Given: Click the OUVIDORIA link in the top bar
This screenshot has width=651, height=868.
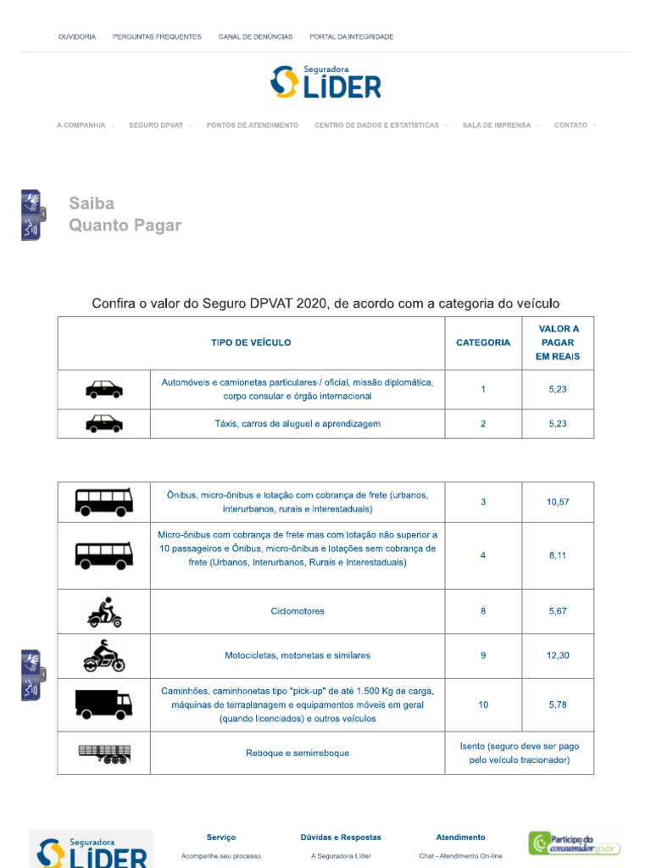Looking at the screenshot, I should point(76,36).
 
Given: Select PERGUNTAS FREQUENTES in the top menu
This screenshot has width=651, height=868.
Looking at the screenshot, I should point(157,36).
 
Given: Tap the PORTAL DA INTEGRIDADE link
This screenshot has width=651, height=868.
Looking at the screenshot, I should point(351,36).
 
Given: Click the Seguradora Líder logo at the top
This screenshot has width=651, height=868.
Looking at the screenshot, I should point(325,82).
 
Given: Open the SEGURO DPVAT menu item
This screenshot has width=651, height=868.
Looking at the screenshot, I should point(156,125).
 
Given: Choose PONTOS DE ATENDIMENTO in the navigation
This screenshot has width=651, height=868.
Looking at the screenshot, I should point(252,125).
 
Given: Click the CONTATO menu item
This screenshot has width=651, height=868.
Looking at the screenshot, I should point(570,125).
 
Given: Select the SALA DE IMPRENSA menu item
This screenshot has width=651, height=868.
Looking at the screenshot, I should point(497,125).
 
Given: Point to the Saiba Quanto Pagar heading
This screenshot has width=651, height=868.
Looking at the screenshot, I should point(125,214).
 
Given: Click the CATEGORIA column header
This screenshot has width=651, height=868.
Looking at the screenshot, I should point(483,342).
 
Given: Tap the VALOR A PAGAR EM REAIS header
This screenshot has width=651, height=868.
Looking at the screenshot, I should point(557,342).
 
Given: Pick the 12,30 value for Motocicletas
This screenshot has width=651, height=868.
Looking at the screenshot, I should point(557,655).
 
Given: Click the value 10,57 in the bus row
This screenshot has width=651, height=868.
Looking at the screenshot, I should point(557,502).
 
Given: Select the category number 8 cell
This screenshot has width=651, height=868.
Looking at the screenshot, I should point(483,611).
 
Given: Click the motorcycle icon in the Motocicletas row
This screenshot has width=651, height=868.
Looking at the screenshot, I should point(103,656).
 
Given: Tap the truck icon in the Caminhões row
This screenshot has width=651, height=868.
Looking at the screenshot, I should point(103,704).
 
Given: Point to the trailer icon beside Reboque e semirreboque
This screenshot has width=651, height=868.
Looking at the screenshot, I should point(103,754).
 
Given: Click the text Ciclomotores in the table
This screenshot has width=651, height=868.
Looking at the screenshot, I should point(298,611).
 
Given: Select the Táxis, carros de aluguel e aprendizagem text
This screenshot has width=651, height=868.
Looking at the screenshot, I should point(298,424).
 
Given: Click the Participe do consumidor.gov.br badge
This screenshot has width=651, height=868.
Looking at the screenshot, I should point(574,843).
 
